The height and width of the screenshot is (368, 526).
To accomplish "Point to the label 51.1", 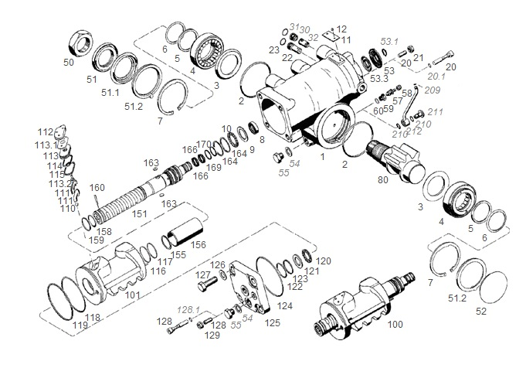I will point(113,92).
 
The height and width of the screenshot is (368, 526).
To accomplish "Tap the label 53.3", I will point(379,80).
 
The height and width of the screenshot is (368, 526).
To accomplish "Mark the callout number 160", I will point(97,187).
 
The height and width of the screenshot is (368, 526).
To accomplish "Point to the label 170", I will point(203,144).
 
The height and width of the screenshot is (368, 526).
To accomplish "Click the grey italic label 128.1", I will point(188,308).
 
